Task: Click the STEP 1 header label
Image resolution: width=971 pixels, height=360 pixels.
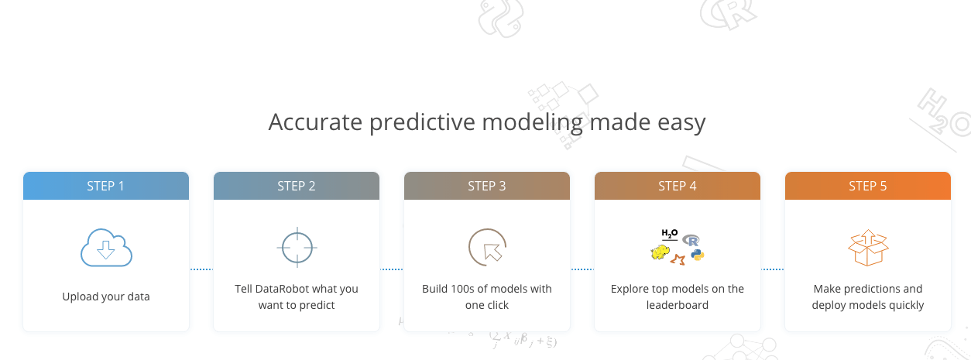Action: pos(105,187)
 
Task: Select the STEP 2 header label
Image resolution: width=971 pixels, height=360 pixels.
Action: pos(296,187)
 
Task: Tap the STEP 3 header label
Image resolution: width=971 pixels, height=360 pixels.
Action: pos(487,187)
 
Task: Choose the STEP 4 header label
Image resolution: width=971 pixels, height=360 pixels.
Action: pos(677,187)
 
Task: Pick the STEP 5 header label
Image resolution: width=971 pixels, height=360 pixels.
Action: pos(868,187)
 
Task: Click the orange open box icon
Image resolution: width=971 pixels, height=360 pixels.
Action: pos(868,248)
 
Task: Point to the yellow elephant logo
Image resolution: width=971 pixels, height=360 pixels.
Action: pos(660,252)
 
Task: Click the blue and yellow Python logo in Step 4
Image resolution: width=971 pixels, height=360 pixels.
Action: pos(698,255)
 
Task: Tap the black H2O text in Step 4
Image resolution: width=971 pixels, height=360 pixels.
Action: pos(669,235)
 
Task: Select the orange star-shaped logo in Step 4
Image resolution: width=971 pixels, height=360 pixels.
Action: pos(678,260)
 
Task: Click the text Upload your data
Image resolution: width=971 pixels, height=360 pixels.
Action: pos(106,297)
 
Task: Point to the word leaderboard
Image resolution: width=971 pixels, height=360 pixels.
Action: pos(677,305)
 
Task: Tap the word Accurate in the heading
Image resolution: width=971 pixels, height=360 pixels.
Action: pos(315,122)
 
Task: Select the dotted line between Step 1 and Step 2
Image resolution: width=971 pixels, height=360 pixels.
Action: pos(201,269)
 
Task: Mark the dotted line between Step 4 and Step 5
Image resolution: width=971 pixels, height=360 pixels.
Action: pos(773,269)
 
